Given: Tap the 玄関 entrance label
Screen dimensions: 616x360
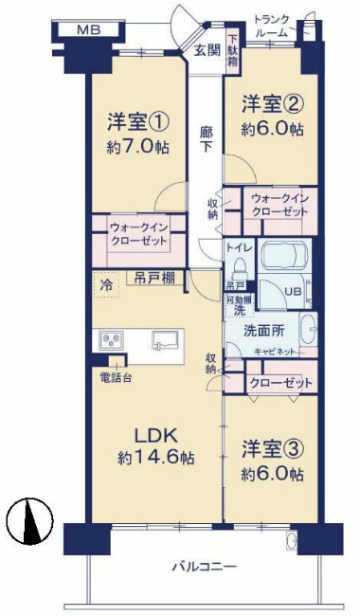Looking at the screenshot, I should (207, 51).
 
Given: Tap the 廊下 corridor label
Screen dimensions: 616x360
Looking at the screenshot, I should (206, 141).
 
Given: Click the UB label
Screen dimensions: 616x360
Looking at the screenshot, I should (295, 291).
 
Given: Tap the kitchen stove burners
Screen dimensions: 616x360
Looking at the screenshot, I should (108, 338).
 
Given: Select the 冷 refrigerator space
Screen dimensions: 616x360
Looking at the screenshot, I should (107, 281).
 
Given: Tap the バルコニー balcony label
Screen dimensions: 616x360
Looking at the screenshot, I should (204, 567).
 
